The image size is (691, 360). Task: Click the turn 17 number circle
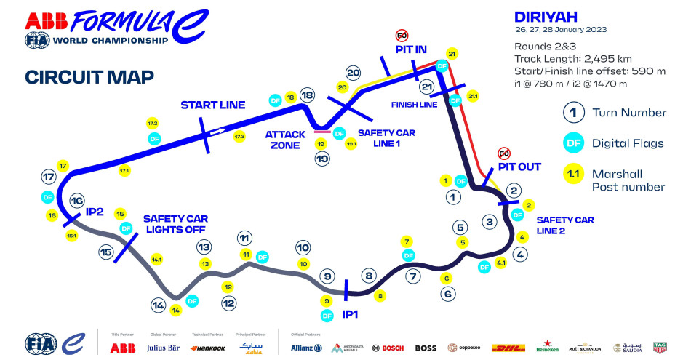pyautogui.click(x=49, y=177)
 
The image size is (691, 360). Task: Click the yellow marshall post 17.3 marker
pyautogui.click(x=240, y=136)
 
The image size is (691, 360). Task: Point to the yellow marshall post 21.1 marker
pyautogui.click(x=474, y=96)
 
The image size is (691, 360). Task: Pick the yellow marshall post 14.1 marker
pyautogui.click(x=156, y=259)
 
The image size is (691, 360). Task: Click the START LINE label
pyautogui.click(x=212, y=105)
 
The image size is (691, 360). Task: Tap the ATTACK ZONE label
pyautogui.click(x=283, y=140)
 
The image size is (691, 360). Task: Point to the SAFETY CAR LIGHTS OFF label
pyautogui.click(x=177, y=224)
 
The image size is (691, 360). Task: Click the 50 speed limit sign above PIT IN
pyautogui.click(x=401, y=35)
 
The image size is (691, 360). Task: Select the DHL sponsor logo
pyautogui.click(x=508, y=348)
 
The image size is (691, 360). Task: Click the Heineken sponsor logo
pyautogui.click(x=547, y=347)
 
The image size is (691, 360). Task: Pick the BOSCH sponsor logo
pyautogui.click(x=388, y=348)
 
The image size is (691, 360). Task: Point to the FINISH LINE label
pyautogui.click(x=414, y=104)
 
